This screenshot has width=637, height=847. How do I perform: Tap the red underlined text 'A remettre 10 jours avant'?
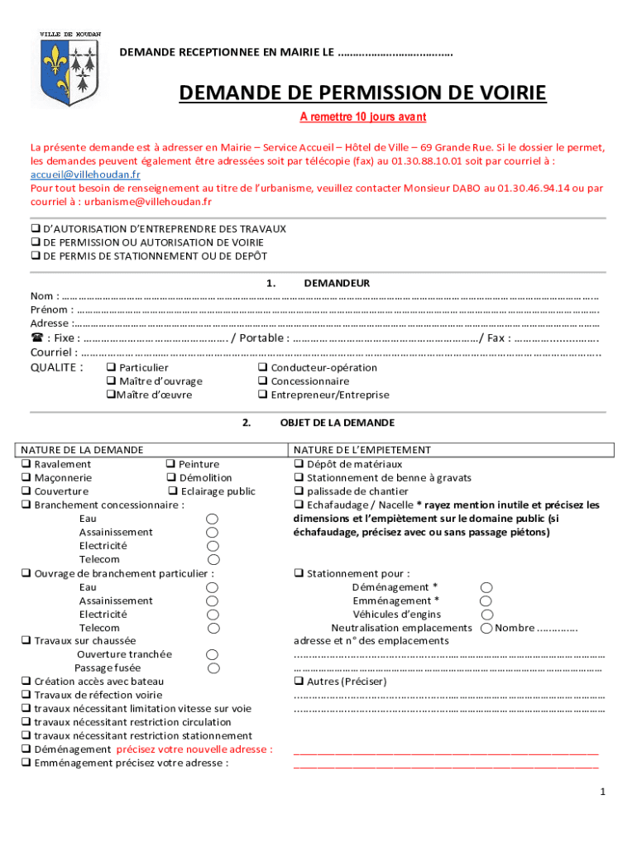pos(362,117)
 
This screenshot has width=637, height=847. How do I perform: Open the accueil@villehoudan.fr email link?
pos(85,175)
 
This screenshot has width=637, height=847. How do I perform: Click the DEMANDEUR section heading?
pos(337,283)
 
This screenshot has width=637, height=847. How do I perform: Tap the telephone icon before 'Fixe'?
pos(36,337)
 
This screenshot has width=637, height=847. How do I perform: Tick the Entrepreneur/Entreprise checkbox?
pos(262,395)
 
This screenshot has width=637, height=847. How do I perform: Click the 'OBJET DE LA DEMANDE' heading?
pos(337,423)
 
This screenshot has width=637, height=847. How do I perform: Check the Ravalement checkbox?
pos(26,464)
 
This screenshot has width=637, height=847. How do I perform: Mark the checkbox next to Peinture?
pos(170,464)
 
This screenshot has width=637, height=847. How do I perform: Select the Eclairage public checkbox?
pos(173,491)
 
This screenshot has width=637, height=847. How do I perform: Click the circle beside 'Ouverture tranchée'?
pos(213,654)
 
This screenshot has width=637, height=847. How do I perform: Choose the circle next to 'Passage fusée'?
pos(213,668)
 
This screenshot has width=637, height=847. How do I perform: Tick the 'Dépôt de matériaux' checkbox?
pos(299,464)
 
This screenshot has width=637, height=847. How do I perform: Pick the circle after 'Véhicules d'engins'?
pos(486,614)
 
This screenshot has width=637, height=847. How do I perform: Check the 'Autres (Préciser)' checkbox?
pos(299,682)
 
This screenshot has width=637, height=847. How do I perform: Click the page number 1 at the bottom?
pos(604,792)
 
